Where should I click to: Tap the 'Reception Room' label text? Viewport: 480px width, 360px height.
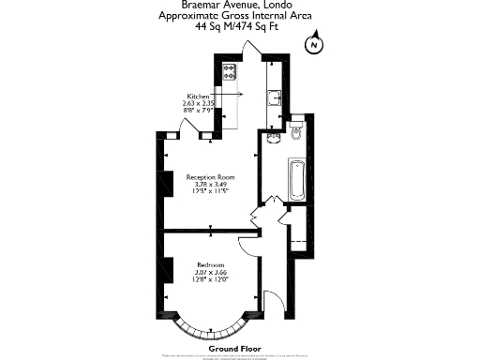(210, 177)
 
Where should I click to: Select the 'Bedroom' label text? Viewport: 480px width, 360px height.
(210, 264)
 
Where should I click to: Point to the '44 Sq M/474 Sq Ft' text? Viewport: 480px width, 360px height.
(239, 28)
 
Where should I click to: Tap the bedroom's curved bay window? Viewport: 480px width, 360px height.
(210, 327)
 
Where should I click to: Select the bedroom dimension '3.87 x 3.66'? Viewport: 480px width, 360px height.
(211, 272)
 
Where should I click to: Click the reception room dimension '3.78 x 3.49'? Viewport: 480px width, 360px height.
(211, 185)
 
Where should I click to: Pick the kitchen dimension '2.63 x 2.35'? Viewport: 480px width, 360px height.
(200, 103)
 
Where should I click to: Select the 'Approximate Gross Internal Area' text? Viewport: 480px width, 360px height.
(239, 17)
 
